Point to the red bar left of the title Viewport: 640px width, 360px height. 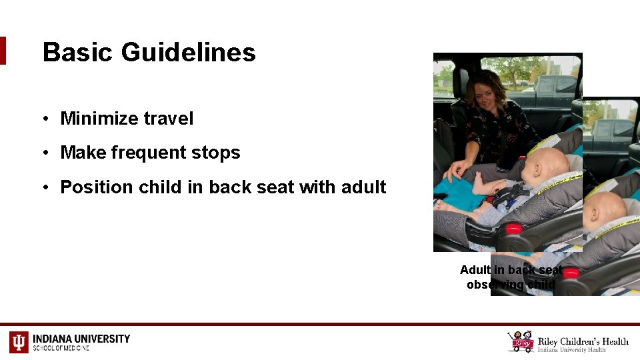click(x=3, y=51)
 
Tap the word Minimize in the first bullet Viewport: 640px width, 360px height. click(x=98, y=119)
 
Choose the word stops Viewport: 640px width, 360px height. click(x=217, y=153)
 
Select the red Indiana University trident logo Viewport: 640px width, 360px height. click(x=19, y=341)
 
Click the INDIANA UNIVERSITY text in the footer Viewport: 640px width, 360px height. click(x=81, y=339)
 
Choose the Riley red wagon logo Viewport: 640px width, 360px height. click(x=521, y=341)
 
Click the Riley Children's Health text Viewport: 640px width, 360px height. click(x=583, y=341)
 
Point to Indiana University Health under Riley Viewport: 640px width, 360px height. click(x=572, y=349)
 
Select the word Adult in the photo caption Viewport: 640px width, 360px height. click(x=475, y=270)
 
